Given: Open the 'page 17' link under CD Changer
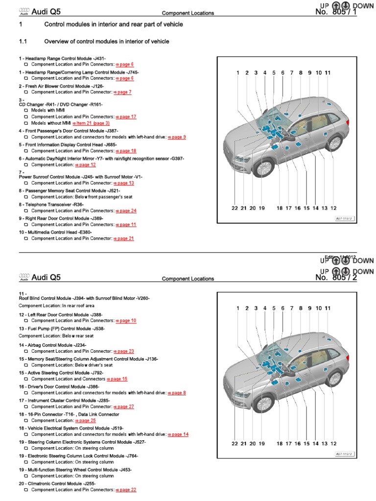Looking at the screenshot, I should [x=126, y=117].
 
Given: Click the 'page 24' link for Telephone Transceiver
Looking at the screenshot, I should [x=126, y=211].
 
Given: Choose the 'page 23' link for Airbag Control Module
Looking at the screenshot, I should [x=125, y=351].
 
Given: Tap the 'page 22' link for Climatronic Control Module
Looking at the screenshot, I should [x=126, y=490].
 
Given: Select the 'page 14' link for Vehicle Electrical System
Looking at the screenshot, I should [x=179, y=434].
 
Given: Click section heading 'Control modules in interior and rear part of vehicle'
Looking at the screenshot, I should [x=114, y=24].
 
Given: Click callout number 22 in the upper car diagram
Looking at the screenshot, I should [x=235, y=208].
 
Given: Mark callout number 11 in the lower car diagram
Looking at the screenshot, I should [x=328, y=308].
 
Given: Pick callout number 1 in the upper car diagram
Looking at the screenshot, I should [x=238, y=73].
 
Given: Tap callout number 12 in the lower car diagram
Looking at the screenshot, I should [x=333, y=444].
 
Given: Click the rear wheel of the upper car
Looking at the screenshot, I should [x=334, y=142].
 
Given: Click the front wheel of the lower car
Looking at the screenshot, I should [x=263, y=405].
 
